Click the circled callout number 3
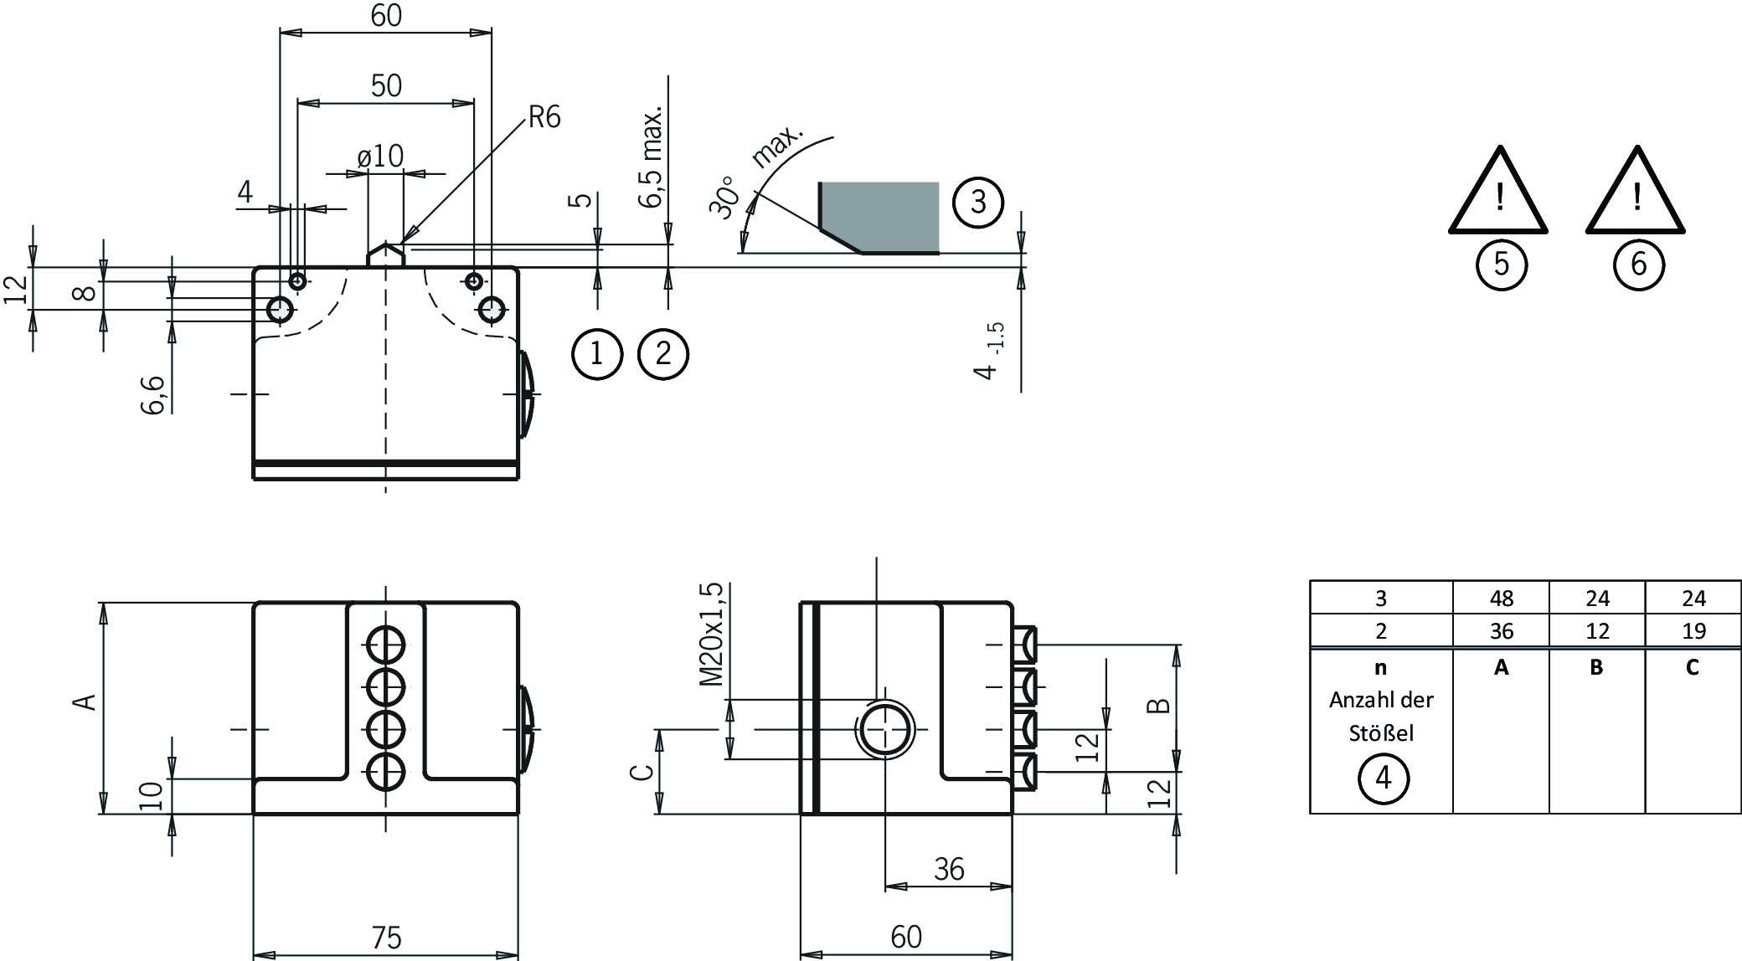pyautogui.click(x=977, y=202)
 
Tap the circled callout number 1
pyautogui.click(x=596, y=353)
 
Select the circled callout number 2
pyautogui.click(x=662, y=353)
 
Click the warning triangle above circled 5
pyautogui.click(x=1498, y=194)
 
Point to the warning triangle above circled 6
pyautogui.click(x=1636, y=194)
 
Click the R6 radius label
pyautogui.click(x=544, y=117)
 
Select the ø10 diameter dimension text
pyautogui.click(x=380, y=156)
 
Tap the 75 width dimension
pyautogui.click(x=386, y=937)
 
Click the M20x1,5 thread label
pyautogui.click(x=711, y=635)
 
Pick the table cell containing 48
pyautogui.click(x=1501, y=599)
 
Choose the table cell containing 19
pyautogui.click(x=1693, y=630)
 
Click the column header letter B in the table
pyautogui.click(x=1596, y=667)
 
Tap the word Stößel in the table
pyautogui.click(x=1381, y=733)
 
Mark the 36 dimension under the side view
pyautogui.click(x=949, y=870)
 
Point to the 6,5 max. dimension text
pyautogui.click(x=652, y=157)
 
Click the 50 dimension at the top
pyautogui.click(x=386, y=85)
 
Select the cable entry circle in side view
pyautogui.click(x=884, y=729)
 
